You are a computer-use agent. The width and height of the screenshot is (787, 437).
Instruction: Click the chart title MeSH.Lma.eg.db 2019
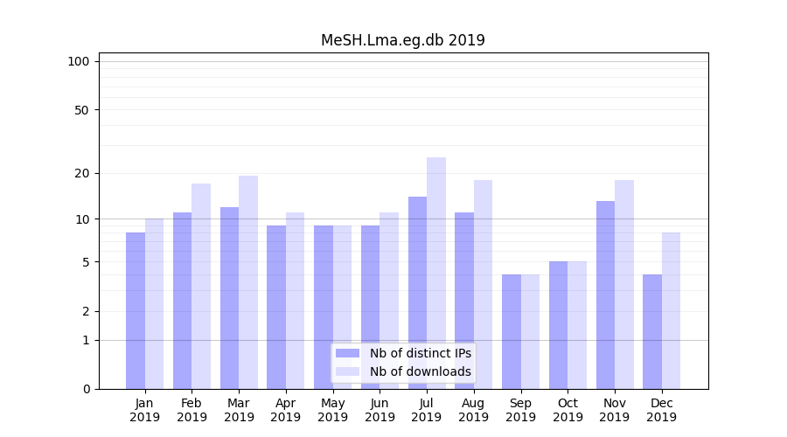click(402, 40)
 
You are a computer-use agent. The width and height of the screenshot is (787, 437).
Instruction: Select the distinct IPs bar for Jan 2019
click(136, 310)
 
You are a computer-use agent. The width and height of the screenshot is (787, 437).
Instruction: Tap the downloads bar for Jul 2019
click(436, 273)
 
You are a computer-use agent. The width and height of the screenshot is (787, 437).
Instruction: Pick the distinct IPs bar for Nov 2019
click(605, 295)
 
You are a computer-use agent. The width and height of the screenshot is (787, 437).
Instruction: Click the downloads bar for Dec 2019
click(671, 310)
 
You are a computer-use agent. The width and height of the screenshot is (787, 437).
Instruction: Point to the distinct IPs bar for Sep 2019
click(512, 331)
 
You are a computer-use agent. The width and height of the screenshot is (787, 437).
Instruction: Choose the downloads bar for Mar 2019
click(248, 282)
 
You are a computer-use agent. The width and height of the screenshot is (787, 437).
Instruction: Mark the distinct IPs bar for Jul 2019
click(417, 293)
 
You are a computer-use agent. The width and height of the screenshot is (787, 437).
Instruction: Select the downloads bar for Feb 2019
click(201, 286)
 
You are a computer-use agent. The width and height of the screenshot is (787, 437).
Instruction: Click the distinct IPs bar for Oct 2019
click(558, 325)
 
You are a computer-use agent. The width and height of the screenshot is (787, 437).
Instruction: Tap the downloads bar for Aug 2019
click(483, 284)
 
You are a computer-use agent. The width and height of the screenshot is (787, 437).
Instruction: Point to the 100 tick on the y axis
click(79, 61)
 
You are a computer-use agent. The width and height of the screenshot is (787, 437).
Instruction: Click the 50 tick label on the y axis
click(81, 110)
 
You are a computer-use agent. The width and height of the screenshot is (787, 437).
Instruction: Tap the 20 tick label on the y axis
click(81, 173)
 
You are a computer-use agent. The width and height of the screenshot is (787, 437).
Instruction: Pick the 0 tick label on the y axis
click(86, 389)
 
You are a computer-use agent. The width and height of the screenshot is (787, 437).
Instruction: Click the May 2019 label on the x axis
click(332, 410)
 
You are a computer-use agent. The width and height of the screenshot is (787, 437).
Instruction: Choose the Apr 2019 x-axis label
click(286, 410)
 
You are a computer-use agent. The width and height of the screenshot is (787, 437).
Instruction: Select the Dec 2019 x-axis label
click(661, 410)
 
